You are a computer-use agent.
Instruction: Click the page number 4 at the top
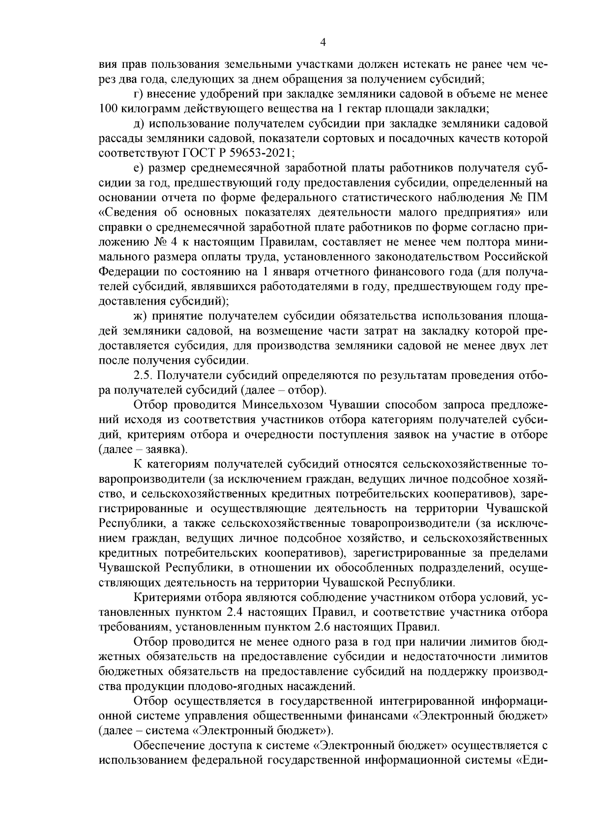tap(323, 42)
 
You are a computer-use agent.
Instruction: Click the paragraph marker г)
tap(138, 93)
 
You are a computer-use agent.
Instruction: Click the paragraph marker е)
tap(138, 168)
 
